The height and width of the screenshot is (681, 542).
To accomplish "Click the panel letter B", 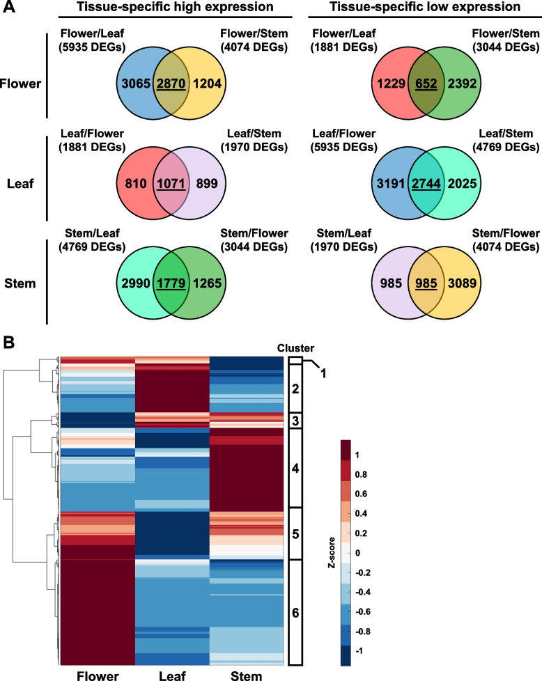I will click(10, 342).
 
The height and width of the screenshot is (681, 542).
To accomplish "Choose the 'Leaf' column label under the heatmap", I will click(171, 673).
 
